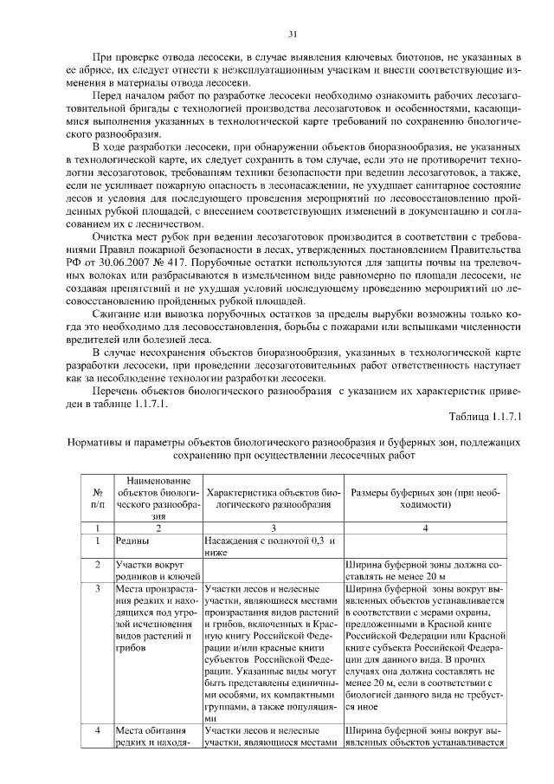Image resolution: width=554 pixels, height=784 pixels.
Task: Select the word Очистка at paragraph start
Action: click(x=113, y=234)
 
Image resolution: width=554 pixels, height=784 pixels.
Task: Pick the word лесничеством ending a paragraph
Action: click(x=174, y=220)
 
